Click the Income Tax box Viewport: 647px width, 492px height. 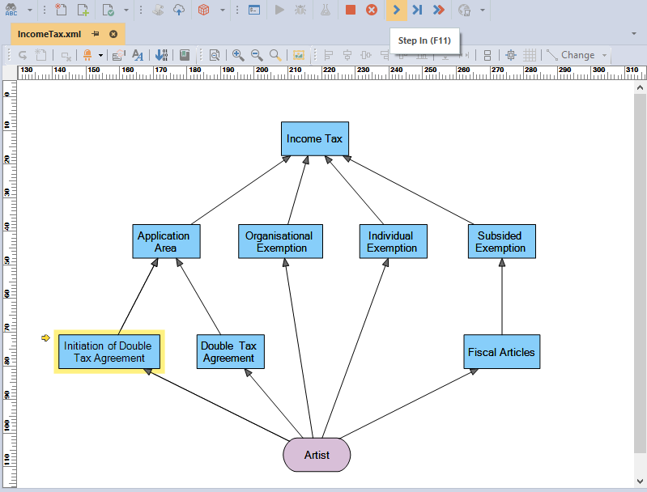(x=315, y=138)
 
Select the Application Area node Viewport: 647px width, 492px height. (x=166, y=242)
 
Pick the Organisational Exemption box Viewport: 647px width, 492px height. (x=281, y=242)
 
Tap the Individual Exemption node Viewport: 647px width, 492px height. (x=394, y=242)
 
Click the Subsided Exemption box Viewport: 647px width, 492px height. (x=502, y=242)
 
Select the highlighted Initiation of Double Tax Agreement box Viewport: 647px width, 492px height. (x=109, y=352)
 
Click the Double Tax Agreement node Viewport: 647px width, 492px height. (x=230, y=352)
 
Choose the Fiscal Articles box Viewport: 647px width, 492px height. (x=502, y=352)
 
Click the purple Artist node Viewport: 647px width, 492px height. (x=317, y=455)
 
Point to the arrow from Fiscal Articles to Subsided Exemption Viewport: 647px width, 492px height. (x=502, y=296)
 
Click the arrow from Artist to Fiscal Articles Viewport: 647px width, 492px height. (x=409, y=403)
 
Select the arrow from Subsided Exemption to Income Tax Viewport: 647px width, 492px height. (x=408, y=190)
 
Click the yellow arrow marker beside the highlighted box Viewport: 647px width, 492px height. (x=46, y=338)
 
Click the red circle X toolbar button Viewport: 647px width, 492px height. (x=372, y=10)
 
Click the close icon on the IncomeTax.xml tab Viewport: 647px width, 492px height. (x=113, y=34)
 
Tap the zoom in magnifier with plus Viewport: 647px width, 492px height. (x=238, y=55)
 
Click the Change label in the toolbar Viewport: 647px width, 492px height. (x=577, y=55)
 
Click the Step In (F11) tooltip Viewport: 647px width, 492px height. (x=424, y=40)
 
